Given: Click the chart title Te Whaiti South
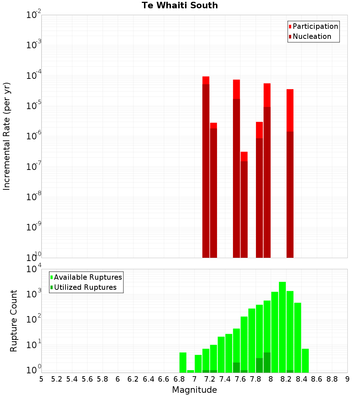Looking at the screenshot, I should click(180, 5).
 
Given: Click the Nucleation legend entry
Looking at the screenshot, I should click(311, 36).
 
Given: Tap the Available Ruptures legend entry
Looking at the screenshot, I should click(87, 277).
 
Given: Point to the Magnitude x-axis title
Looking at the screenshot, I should click(194, 390).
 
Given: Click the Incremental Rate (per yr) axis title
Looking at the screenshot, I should click(7, 136).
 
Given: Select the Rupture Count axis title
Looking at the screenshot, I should click(14, 321).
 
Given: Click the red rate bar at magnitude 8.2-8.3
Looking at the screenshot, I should click(290, 173).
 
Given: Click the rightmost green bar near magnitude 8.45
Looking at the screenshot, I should click(305, 360).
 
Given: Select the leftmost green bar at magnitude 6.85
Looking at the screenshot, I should click(183, 362).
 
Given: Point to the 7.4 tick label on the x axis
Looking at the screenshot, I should click(225, 379).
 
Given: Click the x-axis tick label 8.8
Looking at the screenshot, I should click(332, 379).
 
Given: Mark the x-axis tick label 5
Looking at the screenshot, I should click(41, 379).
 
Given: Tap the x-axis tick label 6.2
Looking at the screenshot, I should click(133, 379).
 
